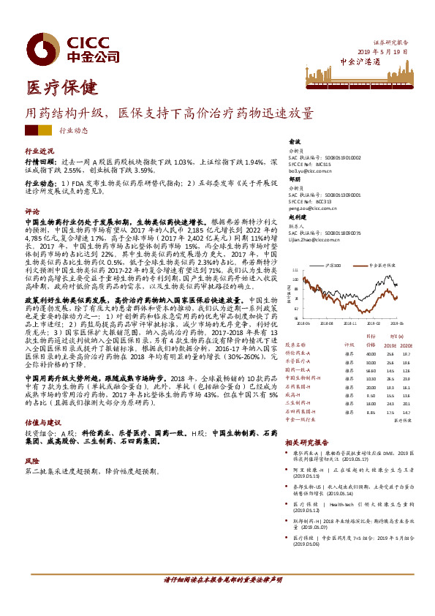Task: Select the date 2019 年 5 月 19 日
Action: tap(382, 53)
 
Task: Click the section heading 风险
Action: tap(31, 462)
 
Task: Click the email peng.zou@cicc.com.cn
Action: tap(311, 209)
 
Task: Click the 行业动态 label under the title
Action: tap(72, 130)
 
